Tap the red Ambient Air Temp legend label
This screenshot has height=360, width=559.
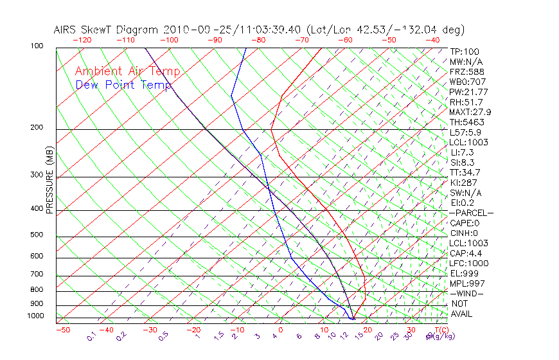127,71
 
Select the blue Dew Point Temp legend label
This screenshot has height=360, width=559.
123,85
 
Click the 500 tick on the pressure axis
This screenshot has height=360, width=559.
37,235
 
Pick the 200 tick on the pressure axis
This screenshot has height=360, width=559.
37,128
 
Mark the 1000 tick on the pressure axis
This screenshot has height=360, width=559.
35,316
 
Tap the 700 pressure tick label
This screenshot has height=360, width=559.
37,274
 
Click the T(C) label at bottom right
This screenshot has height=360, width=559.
440,330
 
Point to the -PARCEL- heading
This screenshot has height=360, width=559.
471,213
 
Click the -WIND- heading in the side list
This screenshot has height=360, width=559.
467,294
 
